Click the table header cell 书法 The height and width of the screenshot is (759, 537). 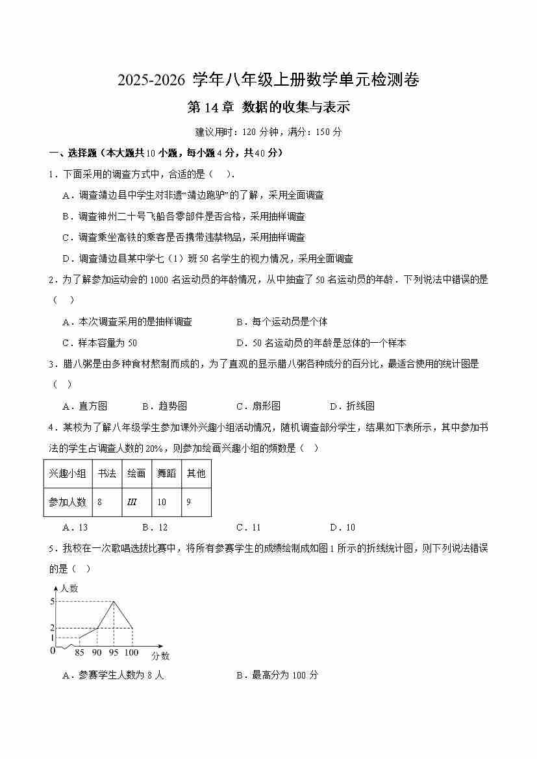click(x=106, y=473)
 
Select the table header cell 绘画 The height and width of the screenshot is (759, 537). click(x=136, y=473)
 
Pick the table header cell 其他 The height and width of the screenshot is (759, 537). click(x=196, y=473)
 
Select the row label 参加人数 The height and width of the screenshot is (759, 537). click(x=68, y=502)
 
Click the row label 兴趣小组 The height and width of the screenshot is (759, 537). click(x=68, y=473)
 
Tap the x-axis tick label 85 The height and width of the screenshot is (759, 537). click(x=80, y=652)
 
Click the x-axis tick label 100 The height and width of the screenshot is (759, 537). click(x=131, y=652)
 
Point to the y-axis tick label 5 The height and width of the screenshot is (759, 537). click(x=52, y=601)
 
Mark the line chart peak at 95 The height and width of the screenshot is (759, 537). click(x=114, y=601)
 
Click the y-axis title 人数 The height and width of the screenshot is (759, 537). click(x=69, y=588)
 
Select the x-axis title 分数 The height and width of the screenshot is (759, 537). click(x=160, y=656)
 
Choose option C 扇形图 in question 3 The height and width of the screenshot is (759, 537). click(x=258, y=406)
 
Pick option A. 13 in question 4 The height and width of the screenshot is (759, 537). click(x=75, y=527)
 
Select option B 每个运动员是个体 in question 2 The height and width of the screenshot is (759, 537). click(x=282, y=321)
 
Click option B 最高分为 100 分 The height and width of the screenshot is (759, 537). click(x=277, y=675)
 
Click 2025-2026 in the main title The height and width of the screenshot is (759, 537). click(x=153, y=81)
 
